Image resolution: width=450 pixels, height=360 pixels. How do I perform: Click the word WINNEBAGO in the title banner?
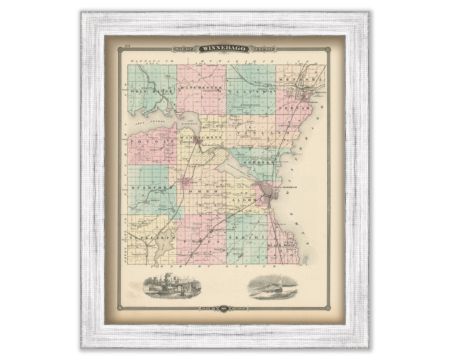(x=225, y=49)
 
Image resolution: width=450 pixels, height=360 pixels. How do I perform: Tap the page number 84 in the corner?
(x=127, y=45)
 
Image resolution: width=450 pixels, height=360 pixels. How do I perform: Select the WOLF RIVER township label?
(x=146, y=91)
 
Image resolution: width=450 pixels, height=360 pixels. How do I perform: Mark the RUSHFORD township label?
(x=146, y=188)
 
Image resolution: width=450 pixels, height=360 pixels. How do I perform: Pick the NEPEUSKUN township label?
(x=145, y=237)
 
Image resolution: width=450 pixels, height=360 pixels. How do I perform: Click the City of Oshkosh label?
(x=281, y=187)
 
